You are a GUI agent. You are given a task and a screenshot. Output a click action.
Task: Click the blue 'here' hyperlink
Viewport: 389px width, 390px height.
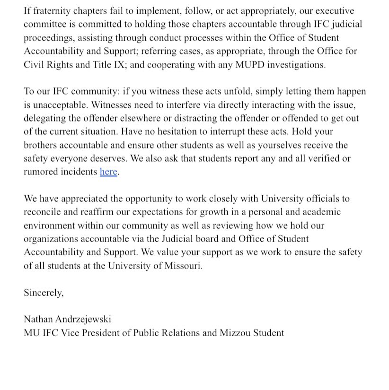[108, 172]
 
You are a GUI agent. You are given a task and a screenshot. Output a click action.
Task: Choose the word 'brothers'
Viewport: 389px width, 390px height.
[42, 146]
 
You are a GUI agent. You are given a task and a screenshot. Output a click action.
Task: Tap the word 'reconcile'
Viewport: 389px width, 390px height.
[44, 212]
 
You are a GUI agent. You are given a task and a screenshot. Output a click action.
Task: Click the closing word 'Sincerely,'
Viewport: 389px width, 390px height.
[44, 293]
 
